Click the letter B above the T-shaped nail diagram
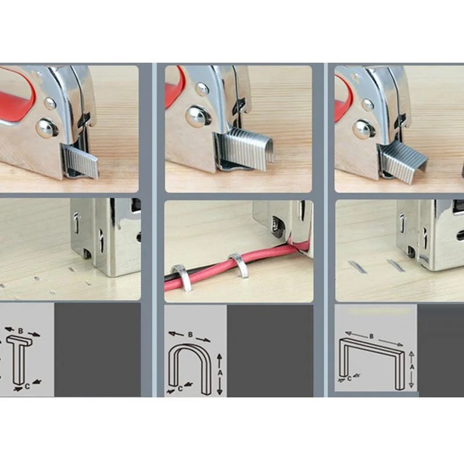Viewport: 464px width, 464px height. pyautogui.click(x=20, y=331)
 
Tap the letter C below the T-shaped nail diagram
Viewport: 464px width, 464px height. pyautogui.click(x=27, y=386)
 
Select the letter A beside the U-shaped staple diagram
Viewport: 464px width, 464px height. pyautogui.click(x=220, y=373)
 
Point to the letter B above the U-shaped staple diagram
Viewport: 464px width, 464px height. pyautogui.click(x=190, y=335)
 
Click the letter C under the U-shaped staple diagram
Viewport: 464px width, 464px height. pyautogui.click(x=180, y=389)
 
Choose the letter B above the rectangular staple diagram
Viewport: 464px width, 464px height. pyautogui.click(x=371, y=336)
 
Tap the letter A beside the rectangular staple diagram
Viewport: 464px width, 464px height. pyautogui.click(x=412, y=367)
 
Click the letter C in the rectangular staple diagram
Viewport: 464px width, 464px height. pyautogui.click(x=350, y=379)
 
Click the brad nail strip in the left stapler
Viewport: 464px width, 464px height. pyautogui.click(x=81, y=161)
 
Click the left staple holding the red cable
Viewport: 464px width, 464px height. pyautogui.click(x=180, y=277)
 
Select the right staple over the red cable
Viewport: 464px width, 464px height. pyautogui.click(x=240, y=264)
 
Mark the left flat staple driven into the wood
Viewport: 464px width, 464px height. pyautogui.click(x=358, y=267)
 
